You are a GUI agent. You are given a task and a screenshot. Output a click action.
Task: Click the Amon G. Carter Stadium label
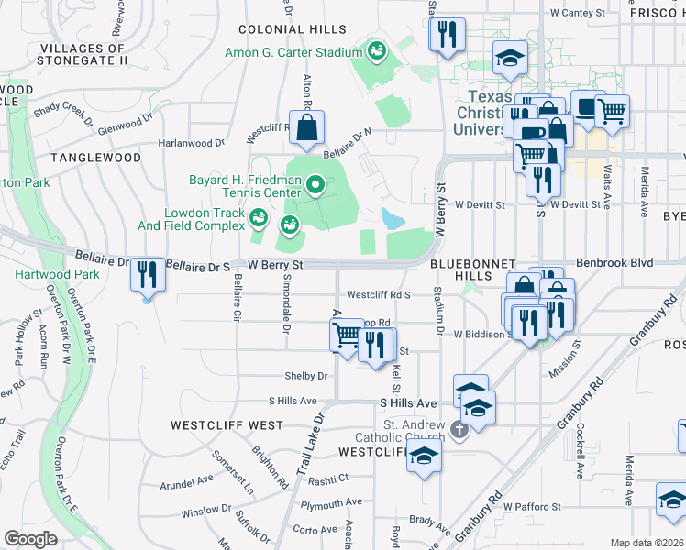click(294, 53)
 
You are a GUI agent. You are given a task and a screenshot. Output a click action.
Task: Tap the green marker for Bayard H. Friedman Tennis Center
click(316, 186)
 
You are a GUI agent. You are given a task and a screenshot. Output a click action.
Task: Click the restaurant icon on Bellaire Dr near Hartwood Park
click(147, 274)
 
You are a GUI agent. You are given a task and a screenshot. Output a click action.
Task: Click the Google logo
click(30, 538)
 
